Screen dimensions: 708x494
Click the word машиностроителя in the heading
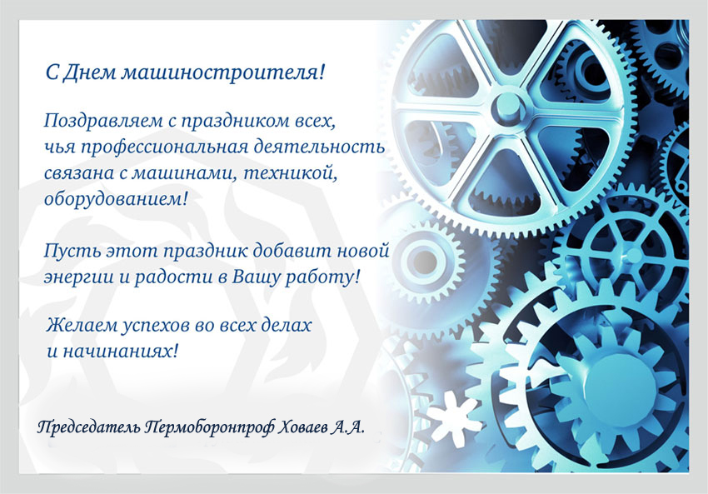tap(222, 72)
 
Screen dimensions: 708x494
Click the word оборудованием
tap(115, 199)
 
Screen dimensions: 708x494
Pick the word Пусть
tap(72, 251)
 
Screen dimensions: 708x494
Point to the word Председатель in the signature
tap(88, 427)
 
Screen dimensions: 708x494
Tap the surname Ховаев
tap(302, 427)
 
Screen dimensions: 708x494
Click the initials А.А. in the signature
tap(347, 427)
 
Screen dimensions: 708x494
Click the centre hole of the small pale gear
tap(424, 261)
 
